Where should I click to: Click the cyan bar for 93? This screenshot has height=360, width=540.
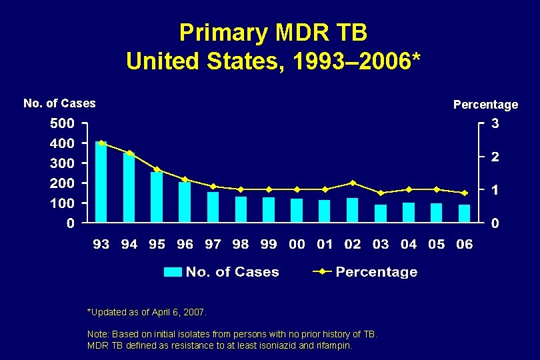[x=101, y=182]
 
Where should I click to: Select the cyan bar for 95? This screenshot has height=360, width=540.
[x=157, y=197]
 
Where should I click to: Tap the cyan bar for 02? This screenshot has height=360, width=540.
[x=352, y=210]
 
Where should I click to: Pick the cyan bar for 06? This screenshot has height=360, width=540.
[x=464, y=213]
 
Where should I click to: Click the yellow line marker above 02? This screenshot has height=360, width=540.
[x=353, y=183]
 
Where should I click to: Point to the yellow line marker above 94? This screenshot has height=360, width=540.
[x=129, y=153]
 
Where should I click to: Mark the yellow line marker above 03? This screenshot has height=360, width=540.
[x=381, y=193]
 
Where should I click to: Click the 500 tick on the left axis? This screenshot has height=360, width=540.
[x=61, y=123]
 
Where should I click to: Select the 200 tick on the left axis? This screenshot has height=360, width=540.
[x=61, y=183]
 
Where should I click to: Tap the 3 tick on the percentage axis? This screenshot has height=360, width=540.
[x=495, y=123]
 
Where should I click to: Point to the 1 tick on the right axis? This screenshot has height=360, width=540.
[x=495, y=190]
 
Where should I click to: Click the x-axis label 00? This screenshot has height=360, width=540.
[x=297, y=245]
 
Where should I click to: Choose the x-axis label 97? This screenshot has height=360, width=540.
[x=213, y=245]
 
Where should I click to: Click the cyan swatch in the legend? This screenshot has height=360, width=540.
[x=173, y=272]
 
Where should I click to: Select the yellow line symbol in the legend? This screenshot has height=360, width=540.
[x=322, y=272]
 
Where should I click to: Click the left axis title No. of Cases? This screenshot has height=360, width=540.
[x=59, y=103]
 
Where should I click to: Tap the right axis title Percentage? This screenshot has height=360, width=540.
[x=485, y=105]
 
